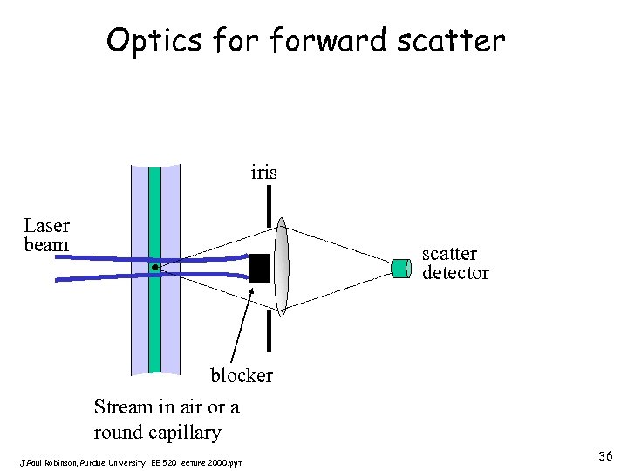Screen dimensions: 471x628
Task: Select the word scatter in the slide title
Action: (454, 39)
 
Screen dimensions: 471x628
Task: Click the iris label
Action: (263, 173)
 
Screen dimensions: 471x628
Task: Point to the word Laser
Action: (46, 227)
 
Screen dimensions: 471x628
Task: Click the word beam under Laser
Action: (46, 245)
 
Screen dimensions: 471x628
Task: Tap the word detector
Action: (455, 273)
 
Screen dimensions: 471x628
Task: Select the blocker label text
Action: (242, 376)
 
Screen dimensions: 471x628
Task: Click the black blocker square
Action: (259, 268)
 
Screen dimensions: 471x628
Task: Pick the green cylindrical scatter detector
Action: (401, 268)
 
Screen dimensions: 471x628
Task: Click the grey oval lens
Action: (281, 265)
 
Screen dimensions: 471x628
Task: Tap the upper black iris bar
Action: (270, 206)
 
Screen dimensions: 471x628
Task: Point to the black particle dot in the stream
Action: (154, 266)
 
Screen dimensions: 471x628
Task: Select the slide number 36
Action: (605, 456)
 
